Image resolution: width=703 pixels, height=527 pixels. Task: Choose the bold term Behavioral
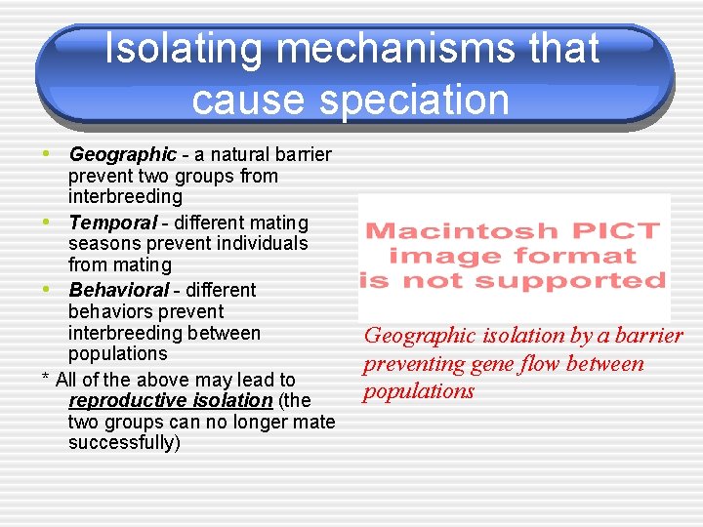pos(119,290)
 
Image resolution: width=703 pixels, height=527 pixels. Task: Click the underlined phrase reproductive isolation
pos(170,400)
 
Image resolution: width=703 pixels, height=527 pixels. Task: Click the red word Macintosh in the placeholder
pos(448,232)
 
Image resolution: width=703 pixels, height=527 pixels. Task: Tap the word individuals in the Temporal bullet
pos(261,244)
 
